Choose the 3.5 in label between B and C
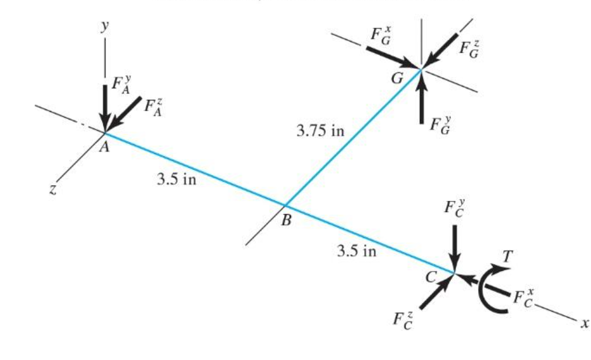click(x=357, y=251)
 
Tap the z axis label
click(x=56, y=189)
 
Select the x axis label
click(x=585, y=322)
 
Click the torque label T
click(x=508, y=256)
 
